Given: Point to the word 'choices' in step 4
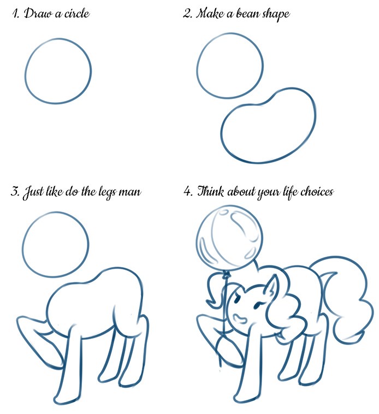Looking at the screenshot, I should (315, 192).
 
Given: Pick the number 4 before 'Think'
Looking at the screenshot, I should (187, 192).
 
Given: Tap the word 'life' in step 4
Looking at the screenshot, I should (285, 192).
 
